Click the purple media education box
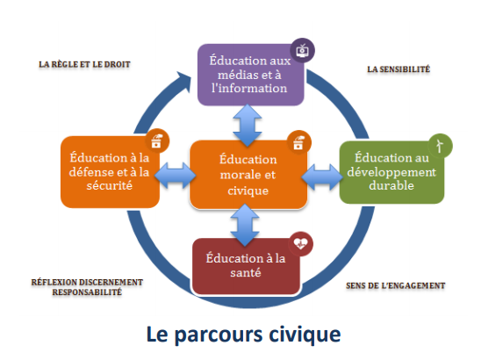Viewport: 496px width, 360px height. pyautogui.click(x=250, y=75)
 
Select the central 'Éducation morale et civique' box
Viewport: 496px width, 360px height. pyautogui.click(x=248, y=175)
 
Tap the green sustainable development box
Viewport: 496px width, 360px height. pyautogui.click(x=392, y=172)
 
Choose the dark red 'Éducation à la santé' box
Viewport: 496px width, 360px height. pyautogui.click(x=246, y=266)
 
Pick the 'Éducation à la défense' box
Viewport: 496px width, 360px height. pyautogui.click(x=110, y=172)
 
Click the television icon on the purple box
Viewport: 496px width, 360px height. pyautogui.click(x=302, y=50)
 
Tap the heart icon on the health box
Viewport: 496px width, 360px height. pyautogui.click(x=300, y=243)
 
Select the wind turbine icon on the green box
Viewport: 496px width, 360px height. pyautogui.click(x=440, y=146)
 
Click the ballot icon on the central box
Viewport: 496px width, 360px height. pyautogui.click(x=298, y=142)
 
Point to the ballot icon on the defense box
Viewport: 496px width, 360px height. pyautogui.click(x=157, y=141)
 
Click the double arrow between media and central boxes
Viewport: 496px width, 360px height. pyautogui.click(x=248, y=125)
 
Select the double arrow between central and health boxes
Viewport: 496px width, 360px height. pyautogui.click(x=245, y=225)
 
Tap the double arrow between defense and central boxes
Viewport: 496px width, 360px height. pyautogui.click(x=175, y=176)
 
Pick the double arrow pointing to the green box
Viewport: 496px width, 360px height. pyautogui.click(x=322, y=177)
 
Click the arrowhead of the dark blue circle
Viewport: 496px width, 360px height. pyautogui.click(x=184, y=81)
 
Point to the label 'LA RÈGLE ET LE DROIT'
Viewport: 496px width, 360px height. pyautogui.click(x=84, y=64)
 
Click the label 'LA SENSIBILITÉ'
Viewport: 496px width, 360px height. pyautogui.click(x=399, y=69)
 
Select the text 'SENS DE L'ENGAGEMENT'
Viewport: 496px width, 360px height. pyautogui.click(x=395, y=285)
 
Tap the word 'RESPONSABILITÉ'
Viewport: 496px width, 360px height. pyautogui.click(x=87, y=292)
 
